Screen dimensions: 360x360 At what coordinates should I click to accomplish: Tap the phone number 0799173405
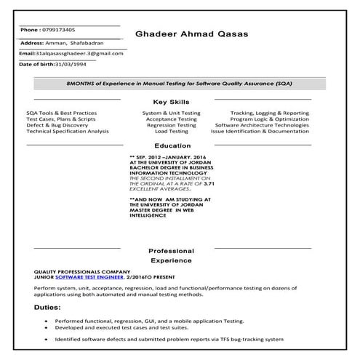click(58, 30)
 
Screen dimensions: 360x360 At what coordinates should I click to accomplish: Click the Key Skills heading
click(172, 102)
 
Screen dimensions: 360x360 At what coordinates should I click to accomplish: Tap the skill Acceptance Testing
click(172, 119)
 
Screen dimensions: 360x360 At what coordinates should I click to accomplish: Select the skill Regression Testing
click(172, 125)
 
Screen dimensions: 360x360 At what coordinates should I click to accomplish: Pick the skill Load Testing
click(172, 131)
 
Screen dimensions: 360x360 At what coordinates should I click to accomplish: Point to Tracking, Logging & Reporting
click(270, 113)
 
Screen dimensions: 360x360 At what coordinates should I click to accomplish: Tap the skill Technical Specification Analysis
click(68, 131)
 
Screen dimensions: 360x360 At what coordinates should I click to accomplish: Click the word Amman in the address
click(55, 43)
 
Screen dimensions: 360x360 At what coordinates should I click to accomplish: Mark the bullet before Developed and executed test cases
click(45, 329)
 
